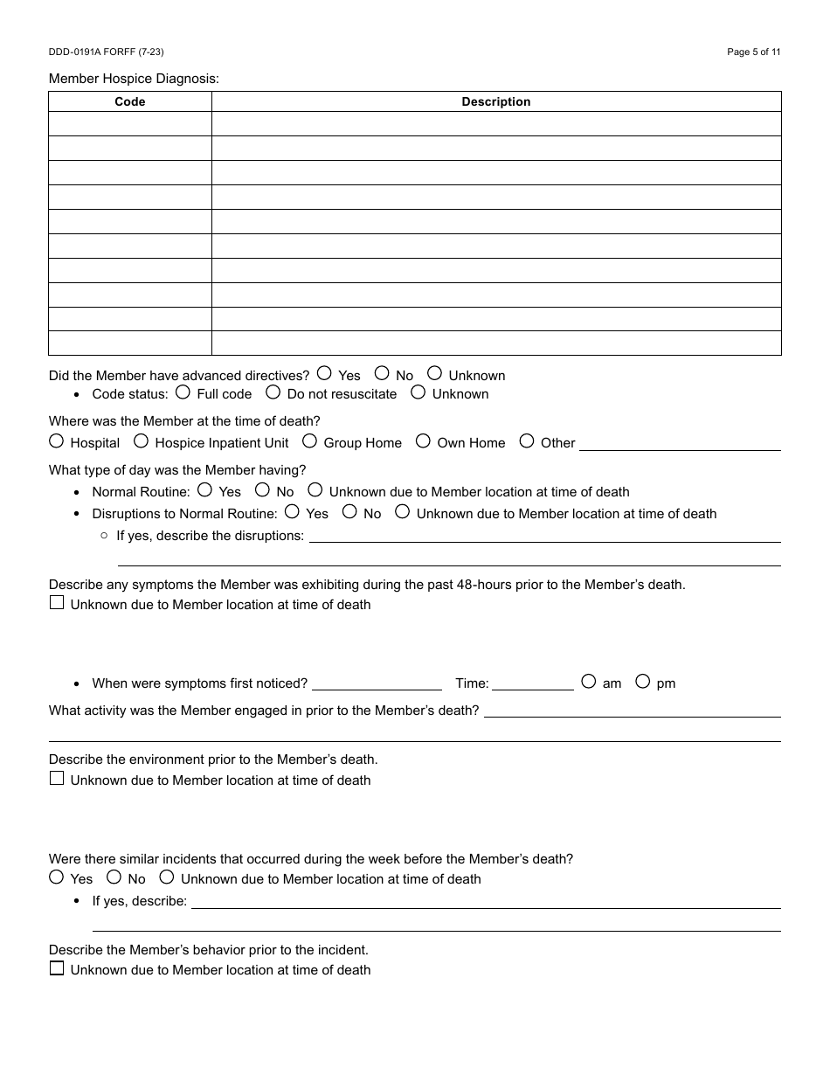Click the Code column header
pyautogui.click(x=129, y=101)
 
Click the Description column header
pyautogui.click(x=495, y=101)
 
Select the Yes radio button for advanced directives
pyautogui.click(x=324, y=373)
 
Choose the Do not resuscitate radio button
pyautogui.click(x=273, y=392)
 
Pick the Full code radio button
pyautogui.click(x=183, y=392)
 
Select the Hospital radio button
pyautogui.click(x=57, y=441)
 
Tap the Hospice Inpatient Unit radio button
pyautogui.click(x=141, y=441)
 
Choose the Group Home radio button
pyautogui.click(x=310, y=441)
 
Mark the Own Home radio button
pyautogui.click(x=423, y=441)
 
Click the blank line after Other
pyautogui.click(x=680, y=443)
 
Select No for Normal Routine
pyautogui.click(x=262, y=490)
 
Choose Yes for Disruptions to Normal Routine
pyautogui.click(x=293, y=512)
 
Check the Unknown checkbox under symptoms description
pyautogui.click(x=57, y=603)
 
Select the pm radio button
pyautogui.click(x=643, y=681)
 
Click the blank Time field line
pyautogui.click(x=532, y=683)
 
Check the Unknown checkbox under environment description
pyautogui.click(x=57, y=779)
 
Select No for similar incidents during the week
pyautogui.click(x=114, y=877)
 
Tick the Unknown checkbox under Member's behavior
pyautogui.click(x=57, y=968)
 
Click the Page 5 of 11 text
pyautogui.click(x=753, y=52)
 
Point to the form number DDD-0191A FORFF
pyautogui.click(x=106, y=52)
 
